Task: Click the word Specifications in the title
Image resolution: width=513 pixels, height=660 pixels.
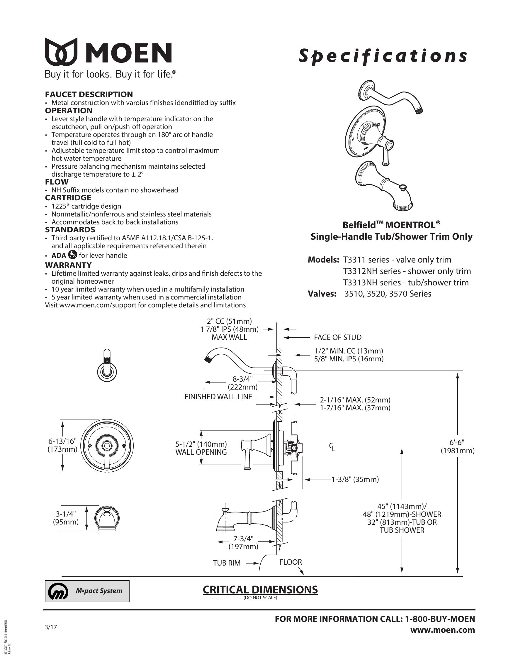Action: tap(383, 56)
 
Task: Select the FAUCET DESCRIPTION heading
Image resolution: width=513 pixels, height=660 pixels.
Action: tap(89, 94)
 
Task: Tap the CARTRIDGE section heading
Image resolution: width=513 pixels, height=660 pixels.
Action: tap(68, 198)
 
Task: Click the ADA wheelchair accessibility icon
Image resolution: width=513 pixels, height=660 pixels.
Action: tap(73, 254)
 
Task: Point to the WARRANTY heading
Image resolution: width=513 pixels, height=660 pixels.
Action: tap(68, 265)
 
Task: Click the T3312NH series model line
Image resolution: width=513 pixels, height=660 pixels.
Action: tap(407, 271)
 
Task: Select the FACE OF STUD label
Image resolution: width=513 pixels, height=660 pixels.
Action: tap(338, 337)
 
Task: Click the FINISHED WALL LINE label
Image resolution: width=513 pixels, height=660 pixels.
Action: tap(218, 397)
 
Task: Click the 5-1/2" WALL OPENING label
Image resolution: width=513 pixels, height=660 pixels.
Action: tap(201, 448)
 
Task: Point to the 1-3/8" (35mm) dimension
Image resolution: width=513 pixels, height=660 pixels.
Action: tap(355, 479)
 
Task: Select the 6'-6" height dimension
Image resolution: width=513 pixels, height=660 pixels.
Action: tap(457, 446)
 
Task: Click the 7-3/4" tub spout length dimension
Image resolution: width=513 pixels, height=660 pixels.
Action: tap(243, 542)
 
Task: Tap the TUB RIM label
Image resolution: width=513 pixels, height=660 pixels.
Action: tap(227, 563)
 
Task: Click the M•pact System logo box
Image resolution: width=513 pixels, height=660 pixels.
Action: tap(87, 591)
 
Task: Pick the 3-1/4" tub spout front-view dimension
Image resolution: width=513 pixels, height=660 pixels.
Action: tap(66, 518)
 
